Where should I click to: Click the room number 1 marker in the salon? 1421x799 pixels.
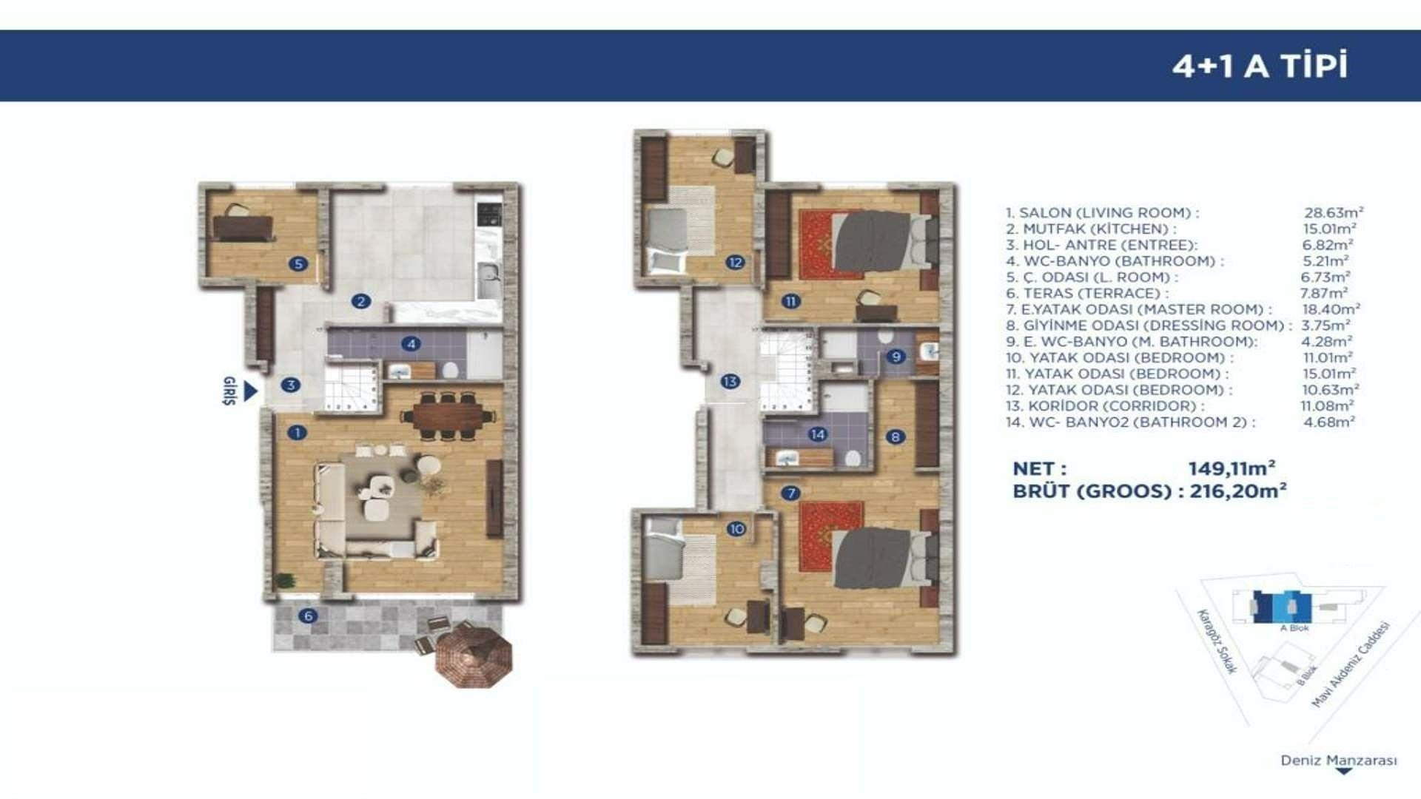click(x=297, y=433)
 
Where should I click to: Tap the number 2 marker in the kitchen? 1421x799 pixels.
click(x=361, y=301)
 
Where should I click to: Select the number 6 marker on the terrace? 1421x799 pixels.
click(x=309, y=616)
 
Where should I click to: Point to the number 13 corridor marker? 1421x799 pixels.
click(x=730, y=382)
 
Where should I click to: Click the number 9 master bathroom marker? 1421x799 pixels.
click(x=896, y=357)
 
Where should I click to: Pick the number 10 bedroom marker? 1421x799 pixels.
click(x=736, y=529)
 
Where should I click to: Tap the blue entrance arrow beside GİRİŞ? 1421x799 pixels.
click(x=250, y=391)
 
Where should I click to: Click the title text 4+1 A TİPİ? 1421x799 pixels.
click(x=1260, y=66)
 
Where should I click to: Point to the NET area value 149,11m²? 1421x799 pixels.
click(x=1232, y=468)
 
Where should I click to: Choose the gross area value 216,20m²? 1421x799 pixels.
click(x=1238, y=490)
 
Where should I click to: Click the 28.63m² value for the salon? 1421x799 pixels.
click(x=1334, y=212)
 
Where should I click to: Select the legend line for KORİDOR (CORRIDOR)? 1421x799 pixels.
click(x=1104, y=406)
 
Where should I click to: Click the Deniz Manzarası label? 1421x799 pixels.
click(x=1339, y=761)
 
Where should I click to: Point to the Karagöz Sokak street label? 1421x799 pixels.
click(x=1217, y=641)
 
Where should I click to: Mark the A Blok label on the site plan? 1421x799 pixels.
click(x=1294, y=628)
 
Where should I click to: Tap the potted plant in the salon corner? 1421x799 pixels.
click(x=284, y=581)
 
